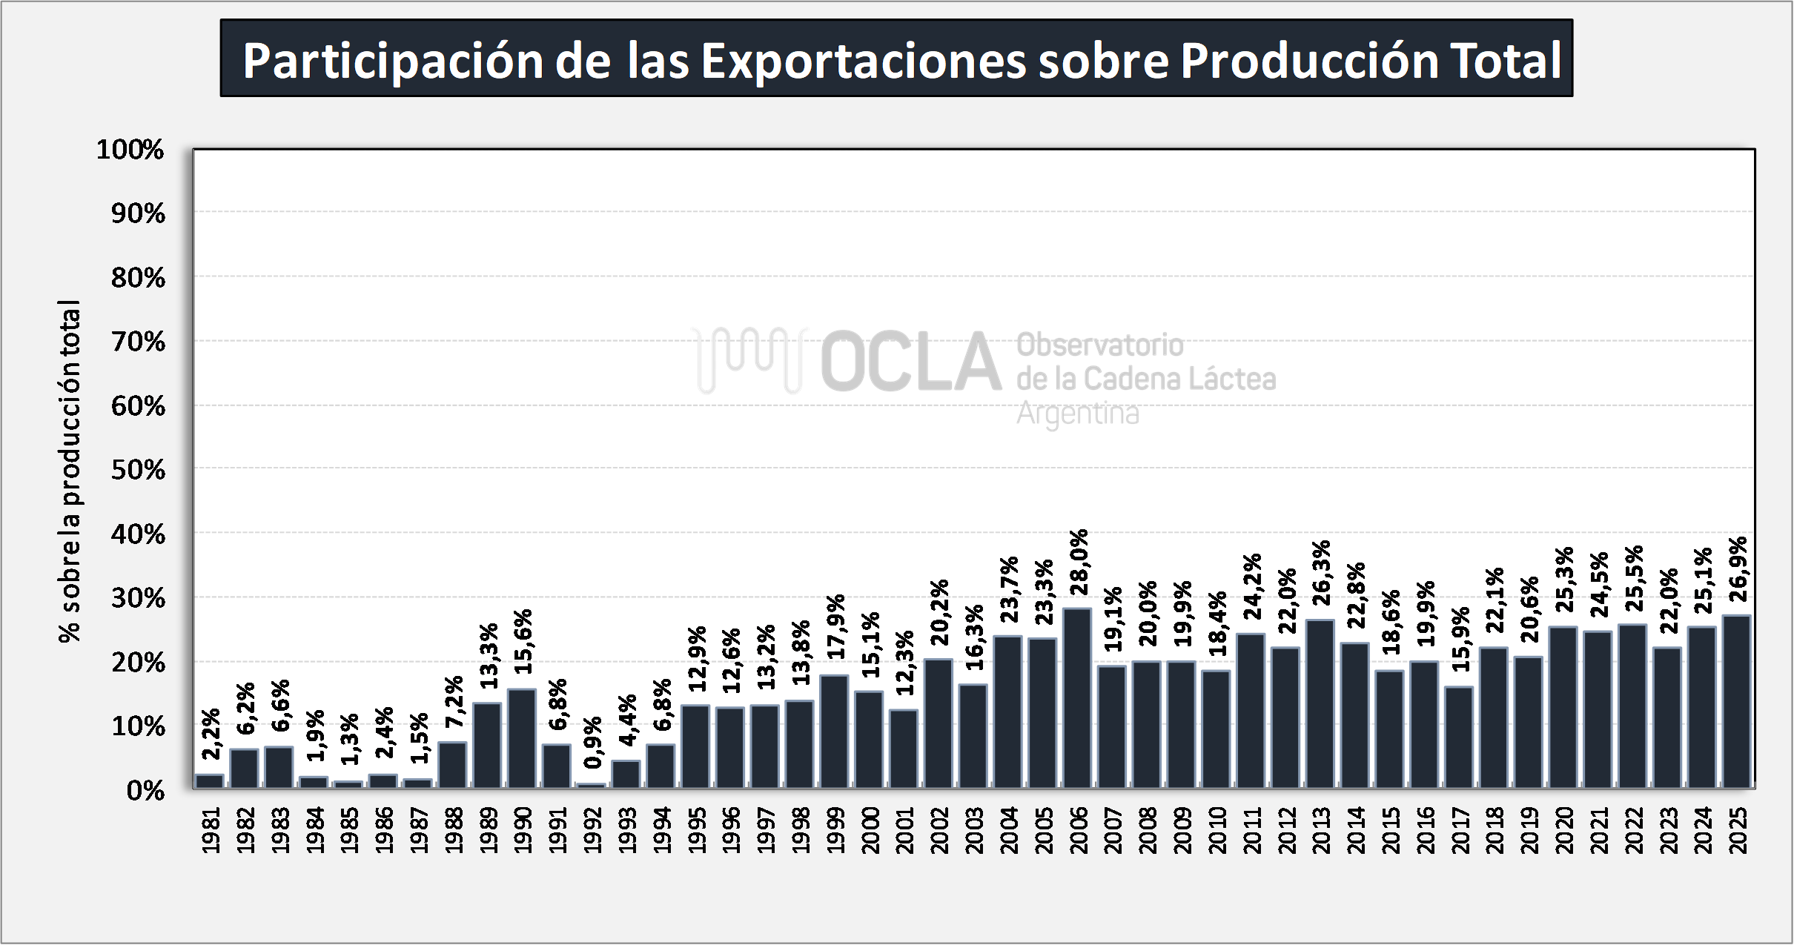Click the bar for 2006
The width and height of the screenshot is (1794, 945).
pos(1077,697)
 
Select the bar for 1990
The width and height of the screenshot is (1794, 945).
pos(522,738)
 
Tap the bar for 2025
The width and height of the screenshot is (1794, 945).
pos(1737,701)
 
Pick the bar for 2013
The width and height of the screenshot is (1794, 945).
pos(1320,703)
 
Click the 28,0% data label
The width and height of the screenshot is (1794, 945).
pos(1079,562)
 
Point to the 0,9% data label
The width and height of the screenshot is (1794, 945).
pos(593,743)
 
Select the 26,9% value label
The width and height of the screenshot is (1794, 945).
pos(1738,569)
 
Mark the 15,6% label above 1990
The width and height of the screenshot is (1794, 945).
pos(523,641)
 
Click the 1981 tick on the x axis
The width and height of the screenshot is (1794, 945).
pos(211,830)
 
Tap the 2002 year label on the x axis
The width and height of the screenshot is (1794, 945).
pos(939,830)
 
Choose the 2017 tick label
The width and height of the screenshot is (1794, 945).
pos(1460,830)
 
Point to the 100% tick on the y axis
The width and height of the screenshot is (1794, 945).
pos(130,150)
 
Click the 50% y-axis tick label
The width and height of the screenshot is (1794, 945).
pos(138,470)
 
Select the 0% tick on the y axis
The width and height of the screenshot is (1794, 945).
pos(145,791)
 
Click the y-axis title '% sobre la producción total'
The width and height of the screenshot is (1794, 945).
pos(70,471)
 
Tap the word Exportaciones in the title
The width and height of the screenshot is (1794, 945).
pos(864,60)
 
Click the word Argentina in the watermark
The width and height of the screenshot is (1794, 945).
pos(1077,413)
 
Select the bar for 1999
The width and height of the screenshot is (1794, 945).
pos(834,731)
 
